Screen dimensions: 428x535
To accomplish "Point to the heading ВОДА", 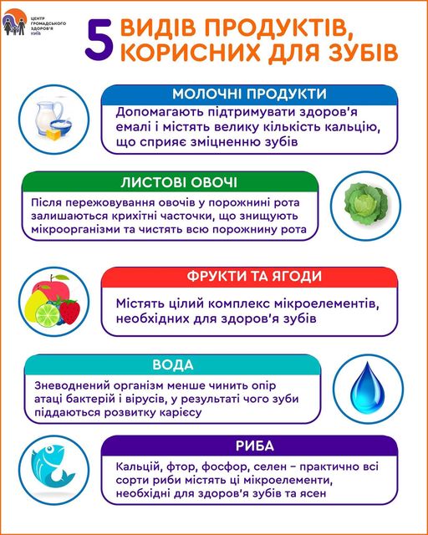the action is [x=173, y=365].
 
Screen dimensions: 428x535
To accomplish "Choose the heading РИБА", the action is [x=255, y=446].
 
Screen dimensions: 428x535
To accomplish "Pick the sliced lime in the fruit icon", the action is [x=48, y=315].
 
